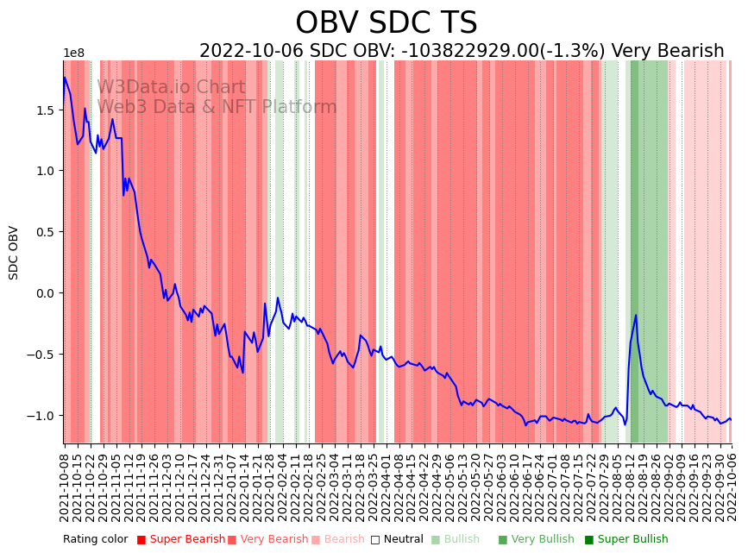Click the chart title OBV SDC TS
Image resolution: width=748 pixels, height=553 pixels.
[x=386, y=22]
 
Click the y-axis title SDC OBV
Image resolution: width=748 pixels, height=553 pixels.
[x=14, y=253]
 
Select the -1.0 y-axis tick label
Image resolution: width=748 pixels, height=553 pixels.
[x=41, y=416]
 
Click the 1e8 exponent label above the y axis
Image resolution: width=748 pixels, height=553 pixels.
[x=74, y=53]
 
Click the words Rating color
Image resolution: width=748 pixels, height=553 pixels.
[x=95, y=540]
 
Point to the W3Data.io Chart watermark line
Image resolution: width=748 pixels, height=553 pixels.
[x=171, y=87]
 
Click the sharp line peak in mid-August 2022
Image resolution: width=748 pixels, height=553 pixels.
[x=636, y=316]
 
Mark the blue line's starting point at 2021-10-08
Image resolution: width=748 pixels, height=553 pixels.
[x=64, y=78]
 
